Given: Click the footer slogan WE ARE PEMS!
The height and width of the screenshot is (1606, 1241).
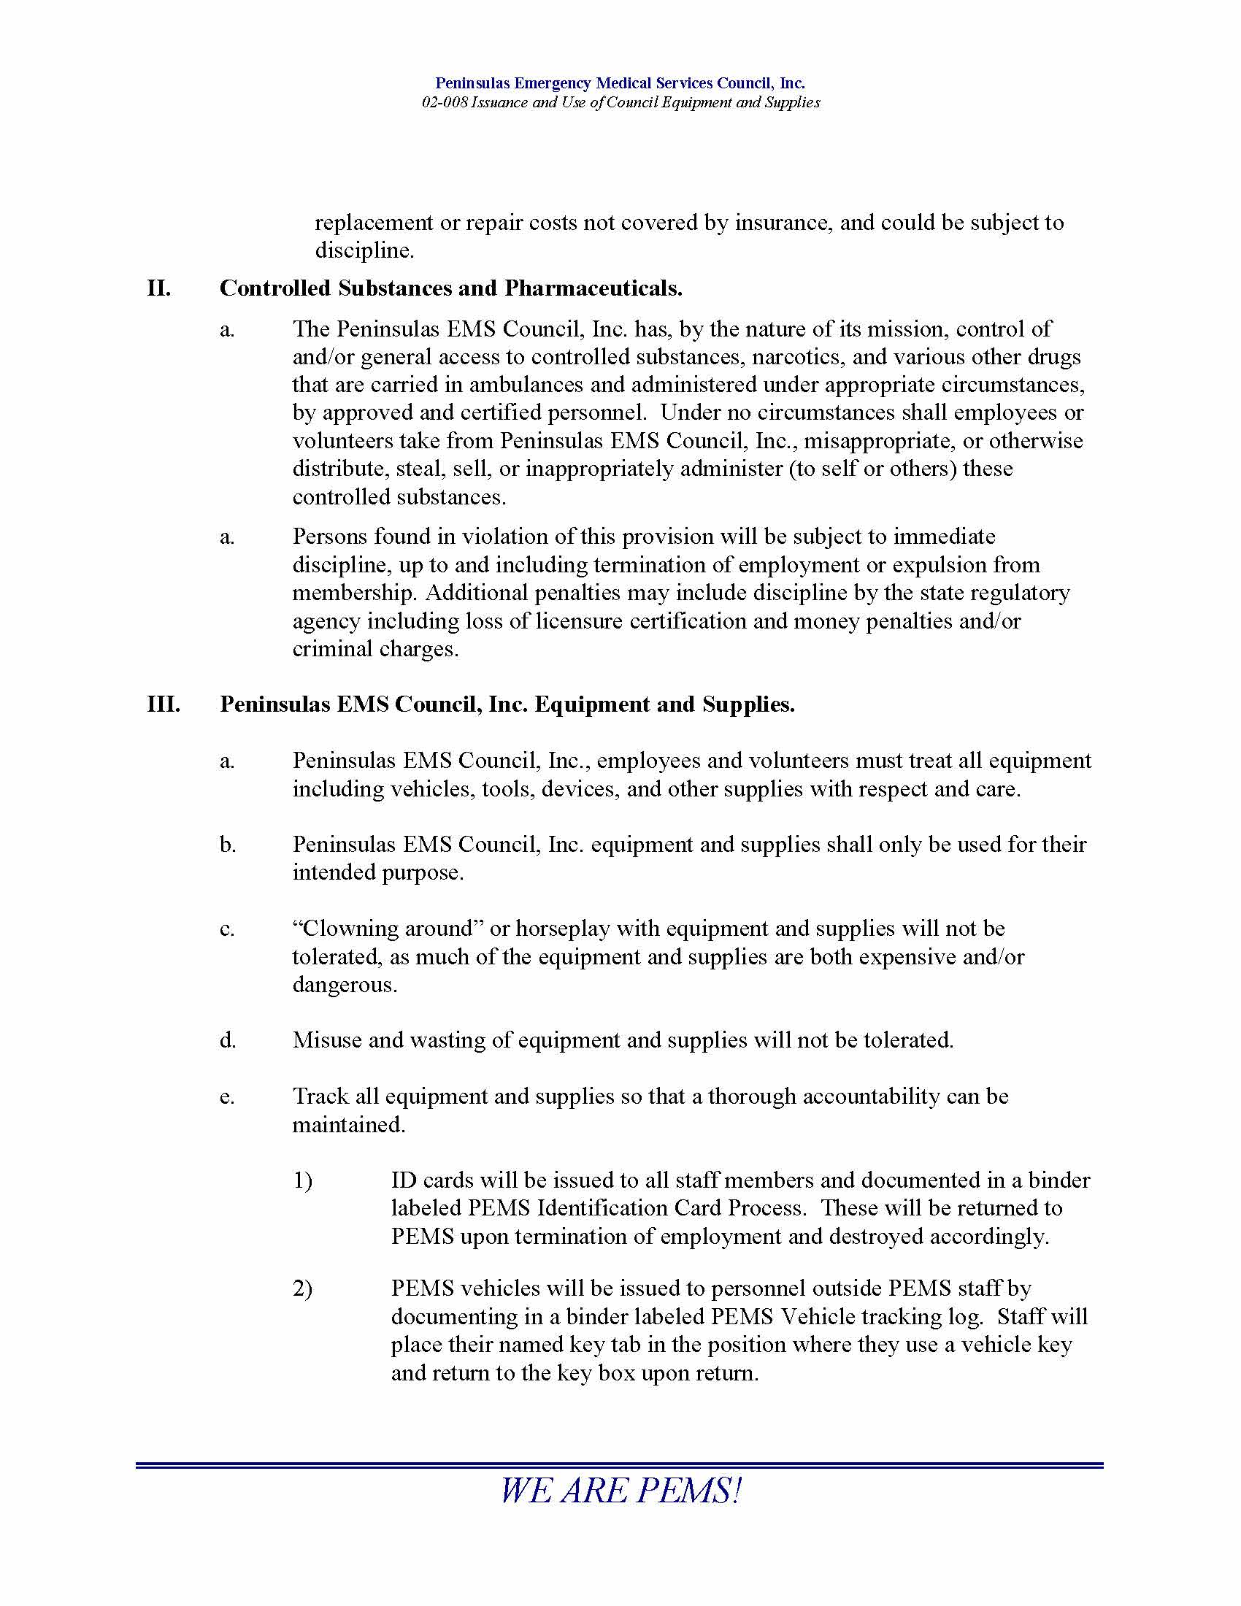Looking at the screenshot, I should (620, 1491).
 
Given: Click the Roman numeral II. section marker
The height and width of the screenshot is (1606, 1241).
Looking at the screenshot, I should (159, 288).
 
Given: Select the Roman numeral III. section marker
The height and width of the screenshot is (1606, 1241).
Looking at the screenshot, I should (164, 704).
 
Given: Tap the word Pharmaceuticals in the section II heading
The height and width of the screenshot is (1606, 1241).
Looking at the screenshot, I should (593, 288).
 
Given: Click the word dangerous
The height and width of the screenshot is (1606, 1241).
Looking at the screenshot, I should (344, 985).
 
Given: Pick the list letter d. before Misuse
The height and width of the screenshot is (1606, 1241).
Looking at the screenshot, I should (228, 1040).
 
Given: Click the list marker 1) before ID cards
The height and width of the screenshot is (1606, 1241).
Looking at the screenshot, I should (303, 1181).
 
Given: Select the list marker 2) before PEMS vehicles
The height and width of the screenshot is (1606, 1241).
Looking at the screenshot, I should (303, 1289).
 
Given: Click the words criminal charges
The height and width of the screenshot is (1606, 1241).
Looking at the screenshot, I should (375, 649).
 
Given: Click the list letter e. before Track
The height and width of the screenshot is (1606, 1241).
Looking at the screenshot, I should (227, 1096).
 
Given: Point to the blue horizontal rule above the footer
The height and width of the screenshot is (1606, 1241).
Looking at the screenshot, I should (620, 1466).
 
